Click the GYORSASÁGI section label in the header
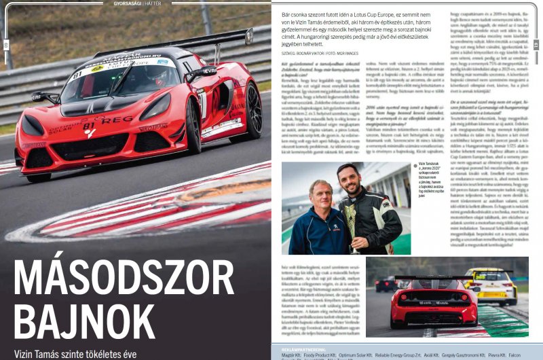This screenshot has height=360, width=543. point(127,3)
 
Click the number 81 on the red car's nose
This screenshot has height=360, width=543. point(89,125)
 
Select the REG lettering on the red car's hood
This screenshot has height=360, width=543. point(117,120)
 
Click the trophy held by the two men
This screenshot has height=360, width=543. point(352,218)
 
